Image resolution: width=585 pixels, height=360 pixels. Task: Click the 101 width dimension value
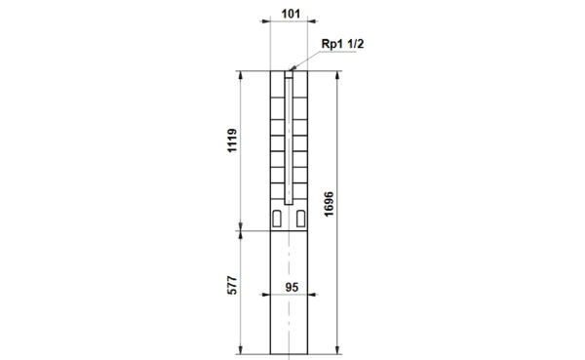pyautogui.click(x=291, y=14)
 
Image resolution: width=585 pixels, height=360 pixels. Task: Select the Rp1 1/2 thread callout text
pyautogui.click(x=342, y=44)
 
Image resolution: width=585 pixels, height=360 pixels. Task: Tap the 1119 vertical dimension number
pyautogui.click(x=232, y=140)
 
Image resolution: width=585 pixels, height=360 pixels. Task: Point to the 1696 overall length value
pyautogui.click(x=329, y=204)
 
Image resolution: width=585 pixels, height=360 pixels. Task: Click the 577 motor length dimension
pyautogui.click(x=232, y=285)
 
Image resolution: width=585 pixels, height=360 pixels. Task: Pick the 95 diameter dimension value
pyautogui.click(x=292, y=287)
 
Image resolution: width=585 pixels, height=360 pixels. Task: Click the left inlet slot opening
pyautogui.click(x=277, y=219)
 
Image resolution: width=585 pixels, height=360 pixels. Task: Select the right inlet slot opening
pyautogui.click(x=300, y=219)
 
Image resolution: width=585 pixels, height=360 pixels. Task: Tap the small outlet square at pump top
pyautogui.click(x=289, y=74)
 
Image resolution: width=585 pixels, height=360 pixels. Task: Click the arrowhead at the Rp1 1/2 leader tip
pyautogui.click(x=292, y=68)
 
